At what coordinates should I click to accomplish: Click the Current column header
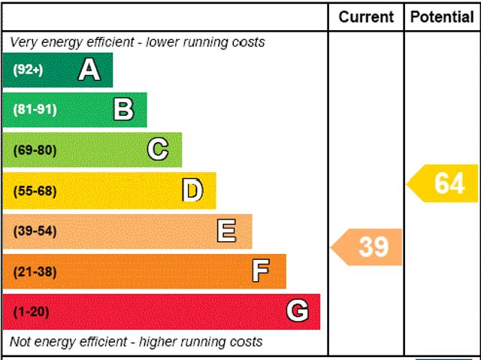click(x=366, y=17)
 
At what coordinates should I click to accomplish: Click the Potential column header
click(x=442, y=17)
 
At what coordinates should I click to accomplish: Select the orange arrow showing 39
click(x=368, y=247)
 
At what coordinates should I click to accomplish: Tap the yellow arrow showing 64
click(x=444, y=183)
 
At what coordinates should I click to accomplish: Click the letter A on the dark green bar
click(x=89, y=70)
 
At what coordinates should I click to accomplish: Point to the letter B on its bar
click(x=123, y=110)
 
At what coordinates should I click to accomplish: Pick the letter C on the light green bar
click(x=158, y=150)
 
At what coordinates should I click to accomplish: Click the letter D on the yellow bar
click(x=192, y=190)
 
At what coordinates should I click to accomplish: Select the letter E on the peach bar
click(x=226, y=231)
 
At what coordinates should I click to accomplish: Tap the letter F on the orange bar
click(x=261, y=271)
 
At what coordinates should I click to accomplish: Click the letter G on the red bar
click(x=298, y=311)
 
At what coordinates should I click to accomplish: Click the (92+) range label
click(x=29, y=70)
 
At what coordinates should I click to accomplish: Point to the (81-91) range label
click(x=35, y=110)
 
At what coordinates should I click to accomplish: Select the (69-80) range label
click(x=35, y=150)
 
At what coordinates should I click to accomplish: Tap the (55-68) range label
click(x=35, y=190)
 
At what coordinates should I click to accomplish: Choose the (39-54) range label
click(x=35, y=231)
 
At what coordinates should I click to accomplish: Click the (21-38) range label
click(x=35, y=271)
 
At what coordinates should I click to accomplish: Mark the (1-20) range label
click(x=31, y=311)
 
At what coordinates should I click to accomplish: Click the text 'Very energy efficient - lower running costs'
click(x=137, y=42)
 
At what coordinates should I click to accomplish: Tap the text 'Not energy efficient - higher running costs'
click(x=136, y=342)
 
